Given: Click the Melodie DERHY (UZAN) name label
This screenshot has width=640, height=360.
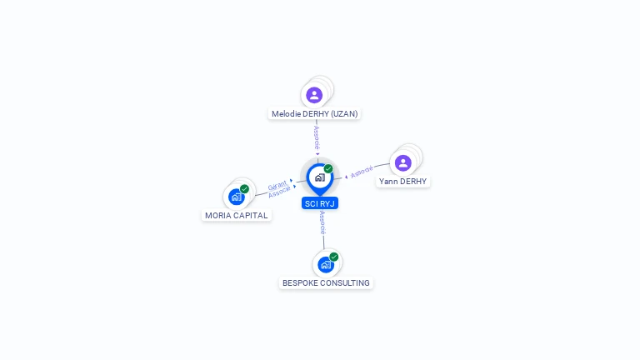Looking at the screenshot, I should tap(315, 113).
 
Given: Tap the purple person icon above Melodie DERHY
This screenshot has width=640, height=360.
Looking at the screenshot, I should tap(314, 95).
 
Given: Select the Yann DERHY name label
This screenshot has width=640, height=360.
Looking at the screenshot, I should tap(402, 181).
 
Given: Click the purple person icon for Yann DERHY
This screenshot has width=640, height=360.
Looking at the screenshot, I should tap(403, 162).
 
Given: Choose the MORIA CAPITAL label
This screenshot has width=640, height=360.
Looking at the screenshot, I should tap(237, 215).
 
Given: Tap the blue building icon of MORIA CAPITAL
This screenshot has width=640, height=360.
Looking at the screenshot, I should tap(236, 197).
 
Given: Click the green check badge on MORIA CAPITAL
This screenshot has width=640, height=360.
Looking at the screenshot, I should tap(244, 189).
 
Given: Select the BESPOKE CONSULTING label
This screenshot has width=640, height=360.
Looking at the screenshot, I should tap(326, 282).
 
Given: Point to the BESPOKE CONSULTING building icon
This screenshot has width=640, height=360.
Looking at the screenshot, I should tap(325, 265).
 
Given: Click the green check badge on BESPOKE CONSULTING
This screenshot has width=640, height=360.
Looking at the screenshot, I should tap(333, 257).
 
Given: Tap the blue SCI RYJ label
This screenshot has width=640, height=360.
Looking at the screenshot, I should tap(320, 203).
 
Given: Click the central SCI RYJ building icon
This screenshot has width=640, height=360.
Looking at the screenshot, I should tap(319, 177).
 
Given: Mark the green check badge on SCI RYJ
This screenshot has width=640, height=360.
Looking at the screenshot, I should tap(328, 168).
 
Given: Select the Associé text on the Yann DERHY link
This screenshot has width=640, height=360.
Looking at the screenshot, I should tap(362, 172).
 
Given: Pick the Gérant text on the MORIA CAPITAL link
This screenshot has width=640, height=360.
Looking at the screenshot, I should tap(277, 186).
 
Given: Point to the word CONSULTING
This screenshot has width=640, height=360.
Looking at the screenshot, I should tap(344, 282).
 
